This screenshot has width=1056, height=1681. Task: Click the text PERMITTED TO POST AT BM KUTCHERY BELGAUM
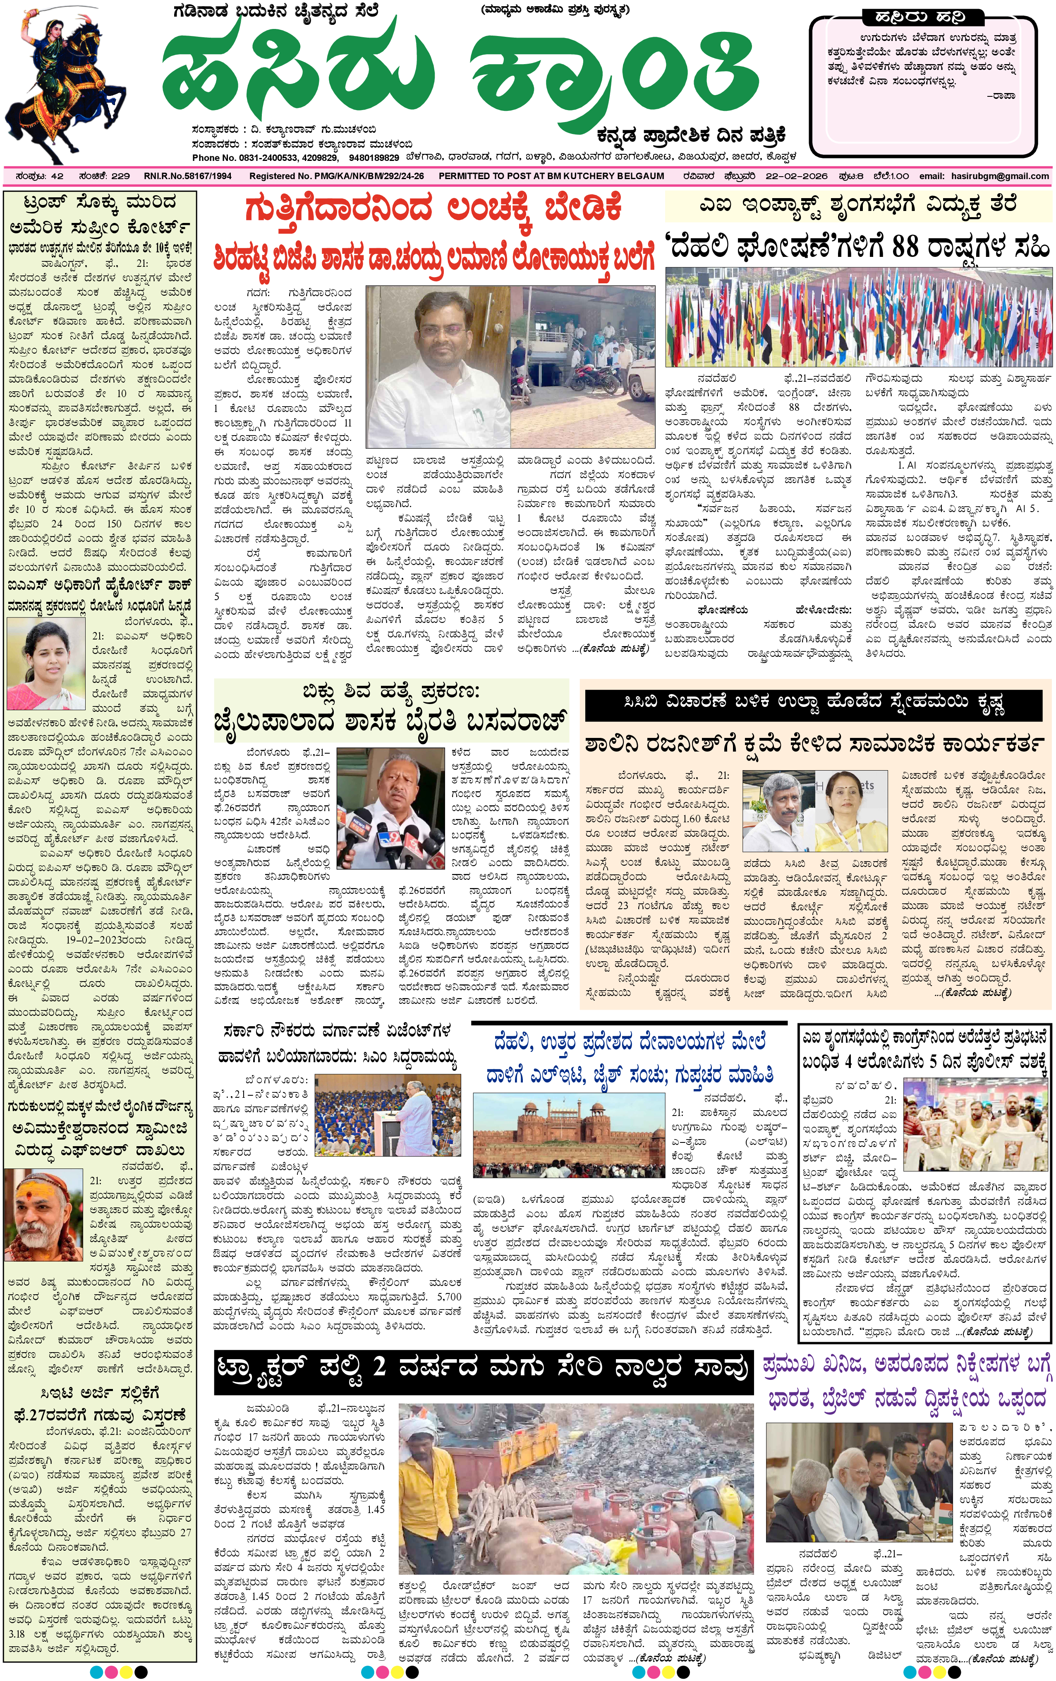tap(551, 176)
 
